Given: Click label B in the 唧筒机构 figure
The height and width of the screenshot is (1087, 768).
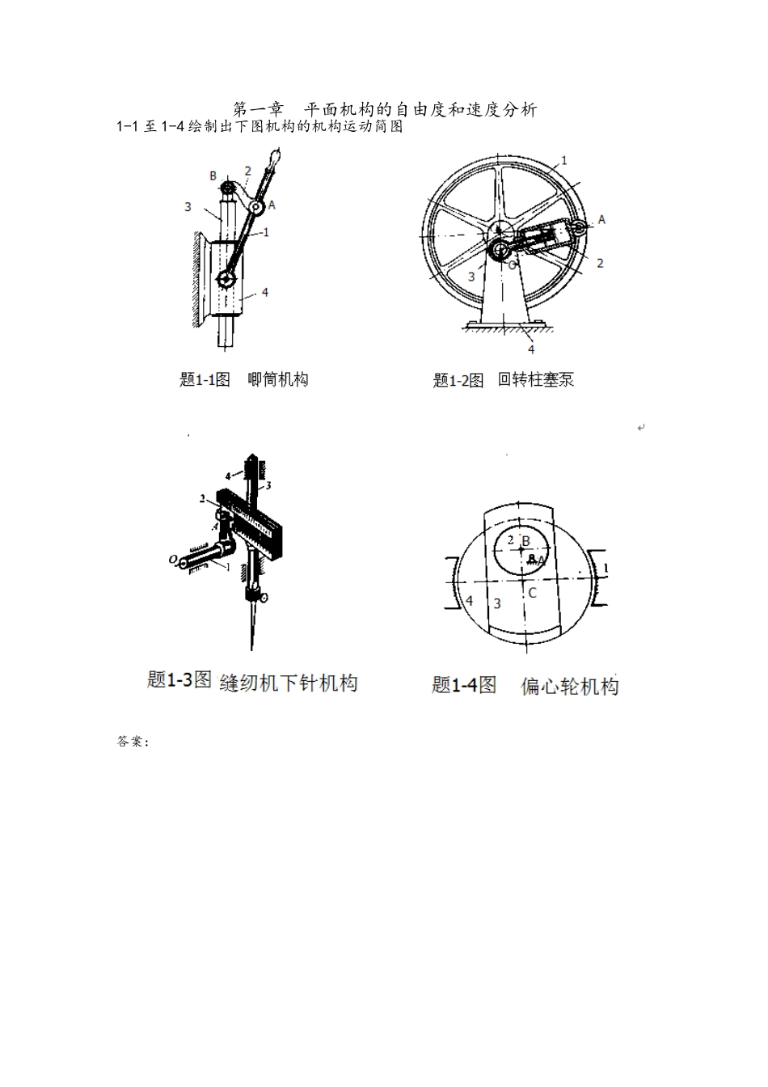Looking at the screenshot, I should point(213,176).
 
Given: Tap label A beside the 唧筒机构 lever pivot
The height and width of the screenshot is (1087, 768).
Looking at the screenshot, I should point(272,205).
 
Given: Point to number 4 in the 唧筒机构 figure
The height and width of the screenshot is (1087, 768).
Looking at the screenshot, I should point(265,293).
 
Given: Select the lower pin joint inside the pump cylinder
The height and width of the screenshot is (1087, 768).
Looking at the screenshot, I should point(226,280).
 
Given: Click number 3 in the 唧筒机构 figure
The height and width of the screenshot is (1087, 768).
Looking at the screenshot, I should point(188,207).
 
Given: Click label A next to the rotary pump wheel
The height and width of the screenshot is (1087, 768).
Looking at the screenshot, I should point(601,220).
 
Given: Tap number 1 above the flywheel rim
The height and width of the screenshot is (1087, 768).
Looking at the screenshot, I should point(563,160).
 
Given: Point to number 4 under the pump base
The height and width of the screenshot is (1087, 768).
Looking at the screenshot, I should point(531,349).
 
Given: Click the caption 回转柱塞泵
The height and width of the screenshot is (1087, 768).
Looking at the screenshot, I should point(535,379).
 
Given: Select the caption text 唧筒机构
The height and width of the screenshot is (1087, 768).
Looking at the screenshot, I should point(277,379).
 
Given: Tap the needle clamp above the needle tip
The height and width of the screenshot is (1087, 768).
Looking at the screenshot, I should point(259,598).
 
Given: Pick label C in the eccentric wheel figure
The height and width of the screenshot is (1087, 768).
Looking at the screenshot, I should point(531,593).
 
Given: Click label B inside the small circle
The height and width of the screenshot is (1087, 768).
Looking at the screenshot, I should point(525,542).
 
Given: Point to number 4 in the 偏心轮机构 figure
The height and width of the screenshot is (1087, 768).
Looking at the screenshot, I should point(469,601).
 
